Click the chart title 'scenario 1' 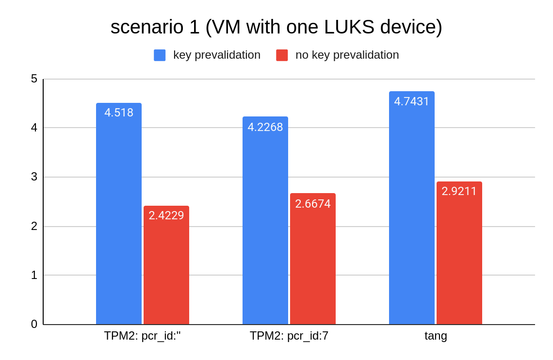pos(276,27)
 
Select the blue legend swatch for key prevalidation pos(160,55)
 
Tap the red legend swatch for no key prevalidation pos(282,55)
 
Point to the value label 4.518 pos(119,113)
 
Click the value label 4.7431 pos(412,101)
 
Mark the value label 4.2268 pos(265,127)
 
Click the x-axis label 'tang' pos(436,336)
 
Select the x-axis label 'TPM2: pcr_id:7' pos(289,336)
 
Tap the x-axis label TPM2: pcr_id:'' pos(142,336)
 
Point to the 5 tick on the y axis pos(34,79)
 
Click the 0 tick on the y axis pos(34,324)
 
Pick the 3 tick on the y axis pos(34,177)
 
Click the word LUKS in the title pos(350,27)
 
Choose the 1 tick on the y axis pos(34,275)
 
